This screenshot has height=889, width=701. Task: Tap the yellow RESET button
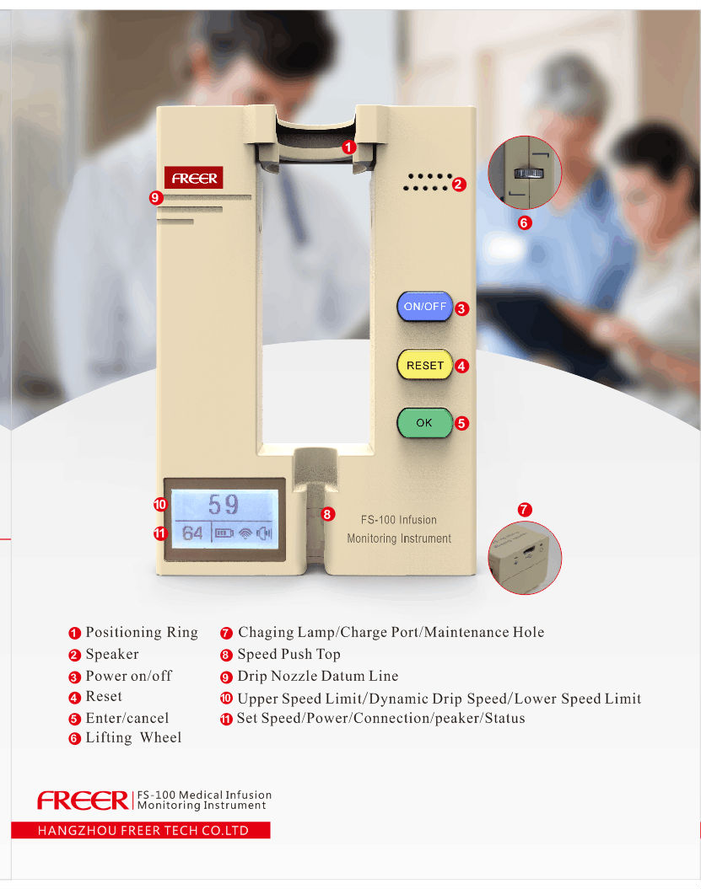click(424, 366)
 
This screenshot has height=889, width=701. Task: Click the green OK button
click(424, 422)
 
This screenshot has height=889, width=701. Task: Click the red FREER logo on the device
click(194, 178)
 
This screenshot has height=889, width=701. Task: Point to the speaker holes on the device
click(429, 182)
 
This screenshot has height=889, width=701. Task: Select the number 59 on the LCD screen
click(224, 505)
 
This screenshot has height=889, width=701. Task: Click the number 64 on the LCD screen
click(192, 533)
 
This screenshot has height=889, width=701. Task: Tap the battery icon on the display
click(224, 533)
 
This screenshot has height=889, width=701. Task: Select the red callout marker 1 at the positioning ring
click(349, 147)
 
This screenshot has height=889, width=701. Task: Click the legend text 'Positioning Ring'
click(141, 632)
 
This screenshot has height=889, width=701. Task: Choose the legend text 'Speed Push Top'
click(288, 654)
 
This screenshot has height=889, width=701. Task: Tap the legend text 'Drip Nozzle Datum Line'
click(317, 676)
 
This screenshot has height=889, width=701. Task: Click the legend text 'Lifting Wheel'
click(133, 737)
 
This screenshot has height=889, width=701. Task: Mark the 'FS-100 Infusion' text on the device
click(398, 520)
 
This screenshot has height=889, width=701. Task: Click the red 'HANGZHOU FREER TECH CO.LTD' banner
click(141, 830)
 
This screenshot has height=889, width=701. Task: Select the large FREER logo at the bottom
click(83, 800)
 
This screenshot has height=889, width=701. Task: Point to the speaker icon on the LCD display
click(266, 533)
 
